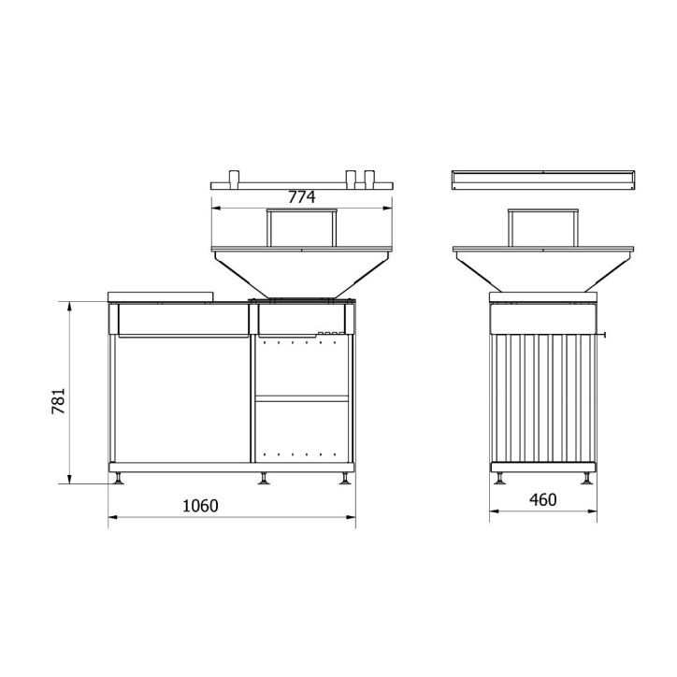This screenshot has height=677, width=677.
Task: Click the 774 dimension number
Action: pyautogui.click(x=301, y=196)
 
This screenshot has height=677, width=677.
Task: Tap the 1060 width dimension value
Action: pyautogui.click(x=199, y=506)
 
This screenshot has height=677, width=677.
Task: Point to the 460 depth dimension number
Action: pyautogui.click(x=541, y=499)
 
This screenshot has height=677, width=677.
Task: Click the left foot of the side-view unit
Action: pyautogui.click(x=501, y=478)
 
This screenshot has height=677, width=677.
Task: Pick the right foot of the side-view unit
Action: pyautogui.click(x=586, y=478)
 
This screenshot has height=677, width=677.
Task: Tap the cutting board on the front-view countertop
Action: pyautogui.click(x=161, y=295)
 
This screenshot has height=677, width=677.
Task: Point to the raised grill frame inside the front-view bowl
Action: pyautogui.click(x=301, y=227)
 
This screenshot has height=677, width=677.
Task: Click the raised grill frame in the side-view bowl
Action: pyautogui.click(x=542, y=227)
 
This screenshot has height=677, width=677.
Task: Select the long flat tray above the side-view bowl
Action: pyautogui.click(x=542, y=179)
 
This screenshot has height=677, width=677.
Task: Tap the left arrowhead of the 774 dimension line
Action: pyautogui.click(x=215, y=208)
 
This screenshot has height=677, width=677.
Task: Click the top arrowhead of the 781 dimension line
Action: pyautogui.click(x=71, y=306)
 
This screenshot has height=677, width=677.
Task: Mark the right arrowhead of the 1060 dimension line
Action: pyautogui.click(x=353, y=516)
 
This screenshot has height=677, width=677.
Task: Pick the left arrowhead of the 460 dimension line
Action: pyautogui.click(x=493, y=511)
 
